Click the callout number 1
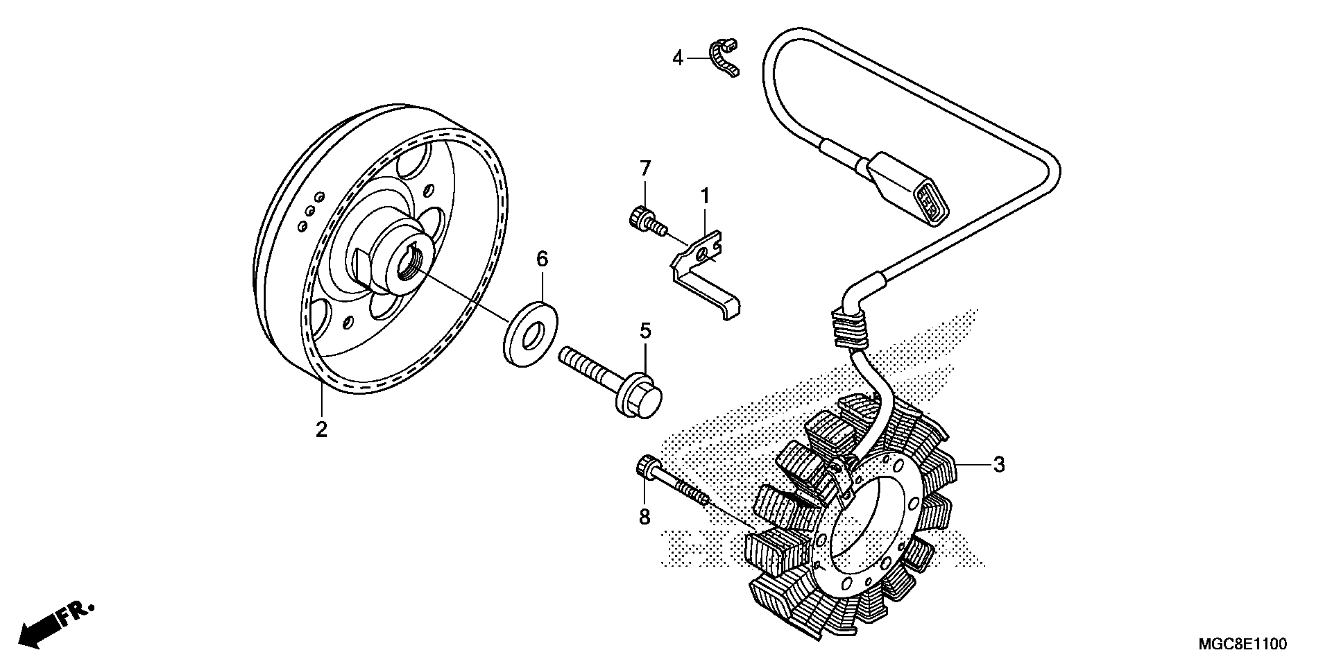(705, 197)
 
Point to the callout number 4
(677, 58)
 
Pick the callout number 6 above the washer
(542, 259)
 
